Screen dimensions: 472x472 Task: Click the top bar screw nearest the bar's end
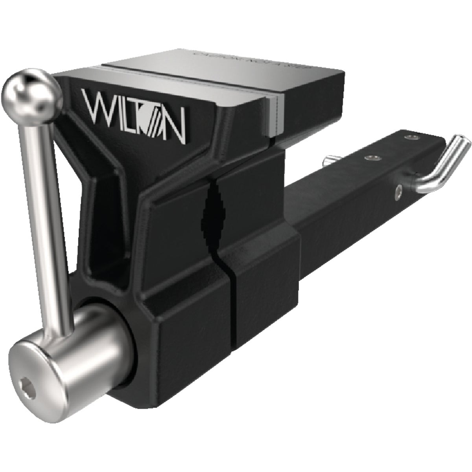(x=411, y=137)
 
